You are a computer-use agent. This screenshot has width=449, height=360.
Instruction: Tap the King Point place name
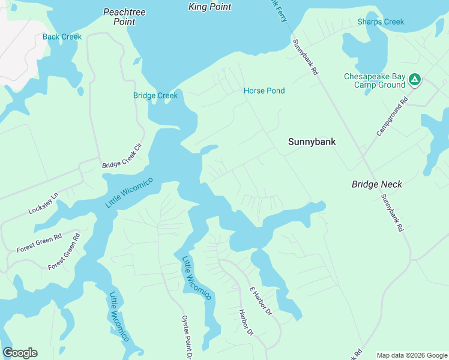pyautogui.click(x=209, y=7)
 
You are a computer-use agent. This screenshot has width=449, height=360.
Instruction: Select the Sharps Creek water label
pyautogui.click(x=381, y=22)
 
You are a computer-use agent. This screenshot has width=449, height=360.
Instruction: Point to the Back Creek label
pyautogui.click(x=62, y=37)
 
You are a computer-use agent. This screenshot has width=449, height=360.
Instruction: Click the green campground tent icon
pyautogui.click(x=414, y=79)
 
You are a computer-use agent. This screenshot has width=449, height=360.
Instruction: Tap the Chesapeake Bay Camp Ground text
pyautogui.click(x=375, y=81)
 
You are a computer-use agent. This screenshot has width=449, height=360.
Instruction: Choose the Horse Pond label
pyautogui.click(x=264, y=91)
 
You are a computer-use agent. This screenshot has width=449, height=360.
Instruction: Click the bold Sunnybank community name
pyautogui.click(x=312, y=142)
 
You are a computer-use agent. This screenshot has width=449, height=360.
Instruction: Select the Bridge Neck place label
pyautogui.click(x=377, y=184)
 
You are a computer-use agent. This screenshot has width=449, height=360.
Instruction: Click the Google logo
pyautogui.click(x=20, y=353)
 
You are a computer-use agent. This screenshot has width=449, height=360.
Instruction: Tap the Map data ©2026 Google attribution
pyautogui.click(x=412, y=355)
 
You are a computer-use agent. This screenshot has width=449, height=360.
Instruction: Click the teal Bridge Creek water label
pyautogui.click(x=155, y=95)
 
